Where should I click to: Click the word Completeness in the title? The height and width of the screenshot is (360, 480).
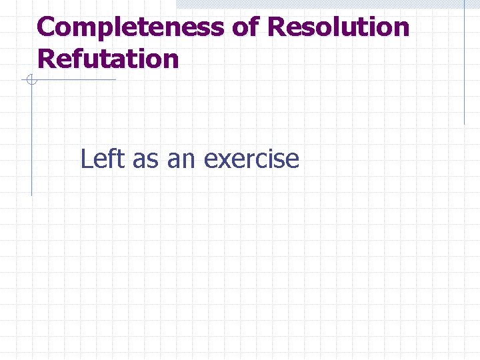tap(131, 28)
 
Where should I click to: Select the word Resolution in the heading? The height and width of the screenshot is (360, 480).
tap(338, 28)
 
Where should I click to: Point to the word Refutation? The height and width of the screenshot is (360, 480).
tap(109, 59)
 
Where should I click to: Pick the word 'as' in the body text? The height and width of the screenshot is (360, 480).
tap(145, 160)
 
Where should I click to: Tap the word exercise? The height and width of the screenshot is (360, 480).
tap(251, 159)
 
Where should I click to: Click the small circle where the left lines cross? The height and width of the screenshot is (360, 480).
tap(31, 81)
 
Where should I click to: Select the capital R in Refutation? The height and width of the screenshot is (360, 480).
tap(47, 59)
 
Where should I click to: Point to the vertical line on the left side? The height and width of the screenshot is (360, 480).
tap(31, 140)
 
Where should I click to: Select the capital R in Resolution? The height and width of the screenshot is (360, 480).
tap(277, 28)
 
